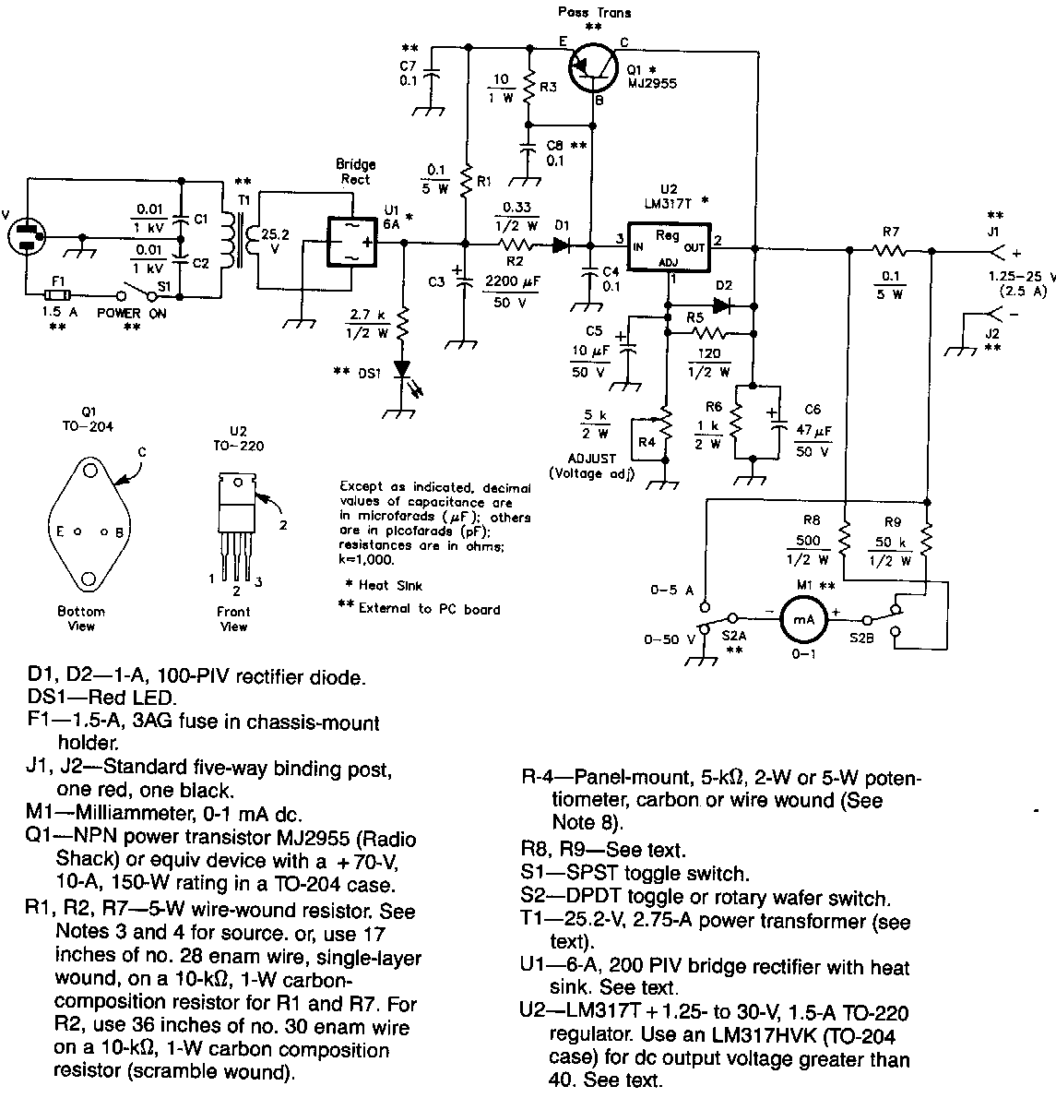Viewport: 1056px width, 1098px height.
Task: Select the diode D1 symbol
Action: pyautogui.click(x=562, y=245)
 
